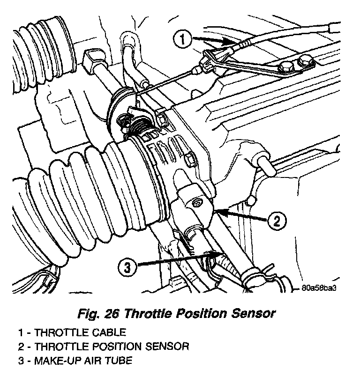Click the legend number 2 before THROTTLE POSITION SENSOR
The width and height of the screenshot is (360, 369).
(22, 347)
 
